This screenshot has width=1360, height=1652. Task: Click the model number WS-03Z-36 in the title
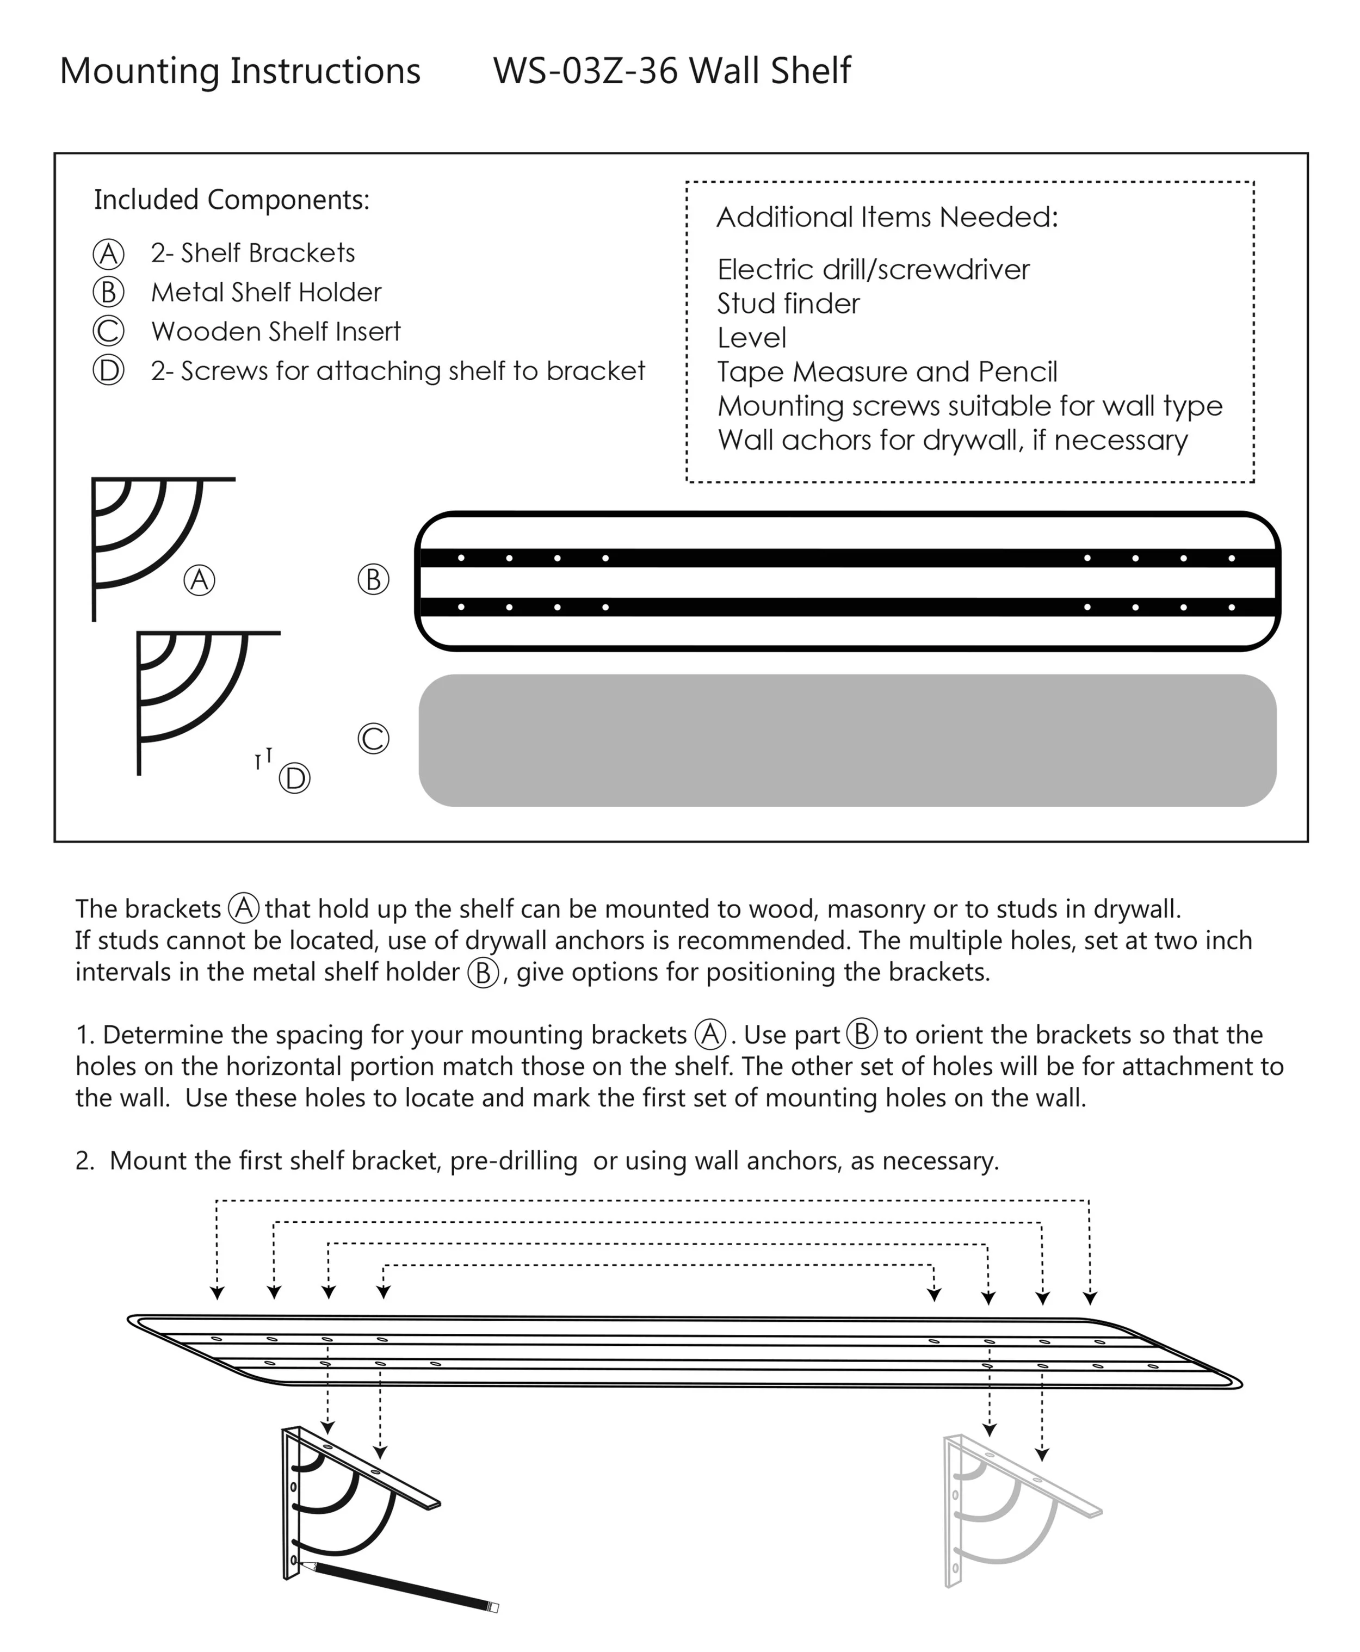click(585, 71)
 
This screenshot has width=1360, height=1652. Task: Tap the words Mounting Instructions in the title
click(240, 71)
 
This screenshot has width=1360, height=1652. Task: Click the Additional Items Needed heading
click(887, 217)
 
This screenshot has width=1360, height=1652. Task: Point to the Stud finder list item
click(788, 304)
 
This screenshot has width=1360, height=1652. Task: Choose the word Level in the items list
click(751, 338)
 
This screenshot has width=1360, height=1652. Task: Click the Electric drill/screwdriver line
click(873, 269)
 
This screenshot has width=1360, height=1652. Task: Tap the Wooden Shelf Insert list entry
click(276, 331)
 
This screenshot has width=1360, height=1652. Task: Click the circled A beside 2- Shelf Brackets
click(108, 253)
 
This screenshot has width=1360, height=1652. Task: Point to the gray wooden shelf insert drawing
click(848, 740)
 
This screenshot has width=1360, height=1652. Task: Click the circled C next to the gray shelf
click(373, 739)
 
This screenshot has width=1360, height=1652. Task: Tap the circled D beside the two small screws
click(294, 778)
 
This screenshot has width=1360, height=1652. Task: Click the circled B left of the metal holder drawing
click(373, 580)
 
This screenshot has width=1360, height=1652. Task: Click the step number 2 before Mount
click(84, 1161)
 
